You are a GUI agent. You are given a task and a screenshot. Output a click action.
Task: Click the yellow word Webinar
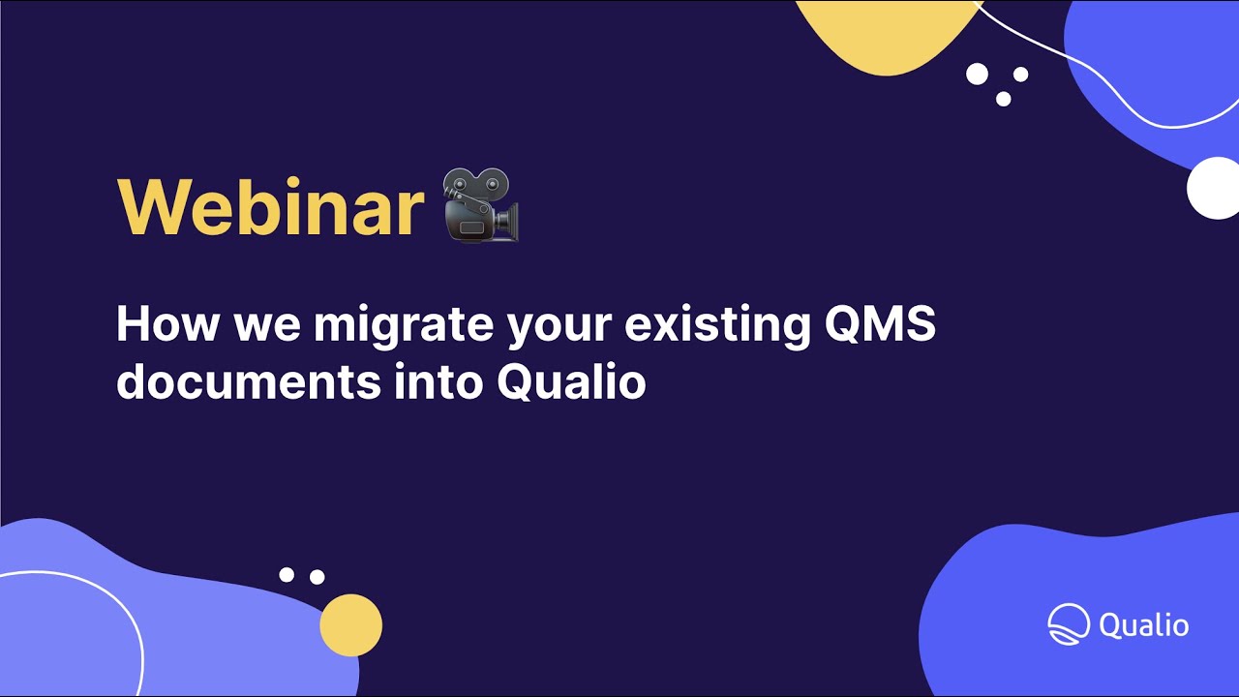[x=270, y=208]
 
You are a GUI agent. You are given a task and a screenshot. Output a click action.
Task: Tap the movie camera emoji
[x=481, y=208]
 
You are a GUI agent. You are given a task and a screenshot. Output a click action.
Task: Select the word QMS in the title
[x=879, y=324]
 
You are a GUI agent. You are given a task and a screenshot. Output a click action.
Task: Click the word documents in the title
[x=249, y=381]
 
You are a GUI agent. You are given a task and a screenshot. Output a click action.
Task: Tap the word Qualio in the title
[x=571, y=383]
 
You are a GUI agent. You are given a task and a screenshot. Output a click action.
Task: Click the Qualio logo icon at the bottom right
[x=1069, y=624]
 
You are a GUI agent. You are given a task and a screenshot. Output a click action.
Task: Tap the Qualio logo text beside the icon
[x=1144, y=624]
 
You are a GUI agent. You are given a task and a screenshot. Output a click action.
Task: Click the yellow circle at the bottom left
[x=351, y=625]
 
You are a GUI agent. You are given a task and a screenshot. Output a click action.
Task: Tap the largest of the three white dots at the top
[x=978, y=74]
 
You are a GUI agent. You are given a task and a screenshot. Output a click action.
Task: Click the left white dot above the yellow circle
[x=287, y=575]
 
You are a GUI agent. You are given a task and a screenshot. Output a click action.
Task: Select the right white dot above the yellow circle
[x=317, y=577]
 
